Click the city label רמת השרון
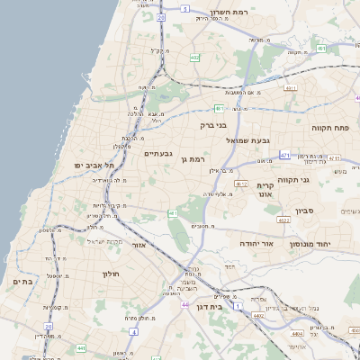pyautogui.click(x=229, y=13)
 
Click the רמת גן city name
pyautogui.click(x=194, y=159)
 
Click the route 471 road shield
pyautogui.click(x=284, y=156)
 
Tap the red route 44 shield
pyautogui.click(x=184, y=305)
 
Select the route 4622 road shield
pyautogui.click(x=283, y=220)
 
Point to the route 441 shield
pyautogui.click(x=80, y=347)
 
